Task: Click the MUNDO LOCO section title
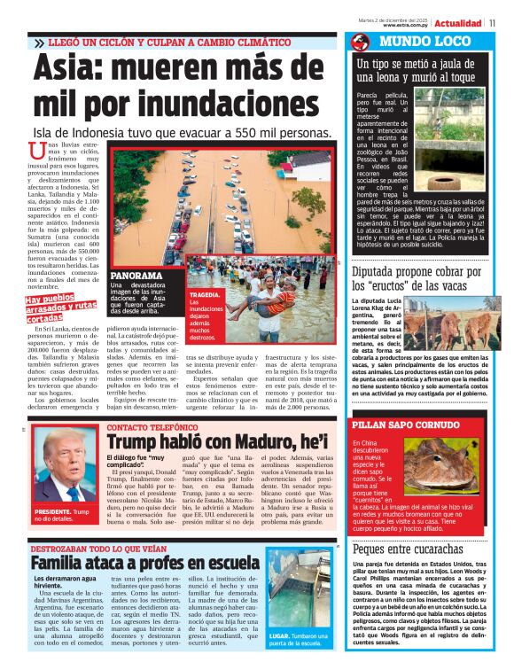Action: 410,42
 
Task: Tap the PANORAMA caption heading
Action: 136,276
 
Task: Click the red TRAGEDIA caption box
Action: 204,315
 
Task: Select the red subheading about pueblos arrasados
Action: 60,309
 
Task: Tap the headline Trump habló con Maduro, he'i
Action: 217,440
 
